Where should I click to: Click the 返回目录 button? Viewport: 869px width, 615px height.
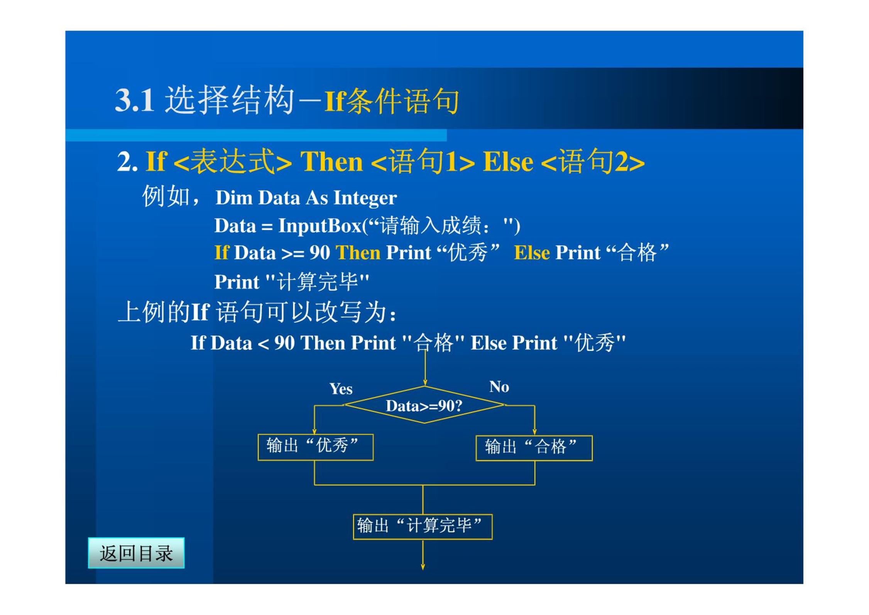pos(136,553)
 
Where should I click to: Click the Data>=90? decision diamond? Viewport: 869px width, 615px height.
pos(424,405)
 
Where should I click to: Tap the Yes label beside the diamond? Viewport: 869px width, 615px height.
pos(341,389)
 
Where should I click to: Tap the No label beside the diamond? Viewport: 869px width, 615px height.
pos(499,387)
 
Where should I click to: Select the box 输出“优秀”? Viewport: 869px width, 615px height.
pos(316,447)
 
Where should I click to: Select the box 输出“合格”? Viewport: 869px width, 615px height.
pos(534,448)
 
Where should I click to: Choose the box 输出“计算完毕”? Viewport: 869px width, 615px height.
pos(423,527)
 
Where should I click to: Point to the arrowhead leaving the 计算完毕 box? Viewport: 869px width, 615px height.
pos(423,567)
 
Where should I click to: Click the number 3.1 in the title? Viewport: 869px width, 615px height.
pos(135,100)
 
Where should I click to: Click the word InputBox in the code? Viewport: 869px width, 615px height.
pos(320,226)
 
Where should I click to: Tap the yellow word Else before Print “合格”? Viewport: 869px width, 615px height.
pos(532,253)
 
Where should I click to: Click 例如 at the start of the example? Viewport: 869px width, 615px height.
pos(166,196)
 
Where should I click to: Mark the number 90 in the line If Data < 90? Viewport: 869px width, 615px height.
pos(284,343)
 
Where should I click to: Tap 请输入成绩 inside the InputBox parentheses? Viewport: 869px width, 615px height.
pos(430,226)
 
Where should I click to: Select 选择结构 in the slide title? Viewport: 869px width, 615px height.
pos(230,100)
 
